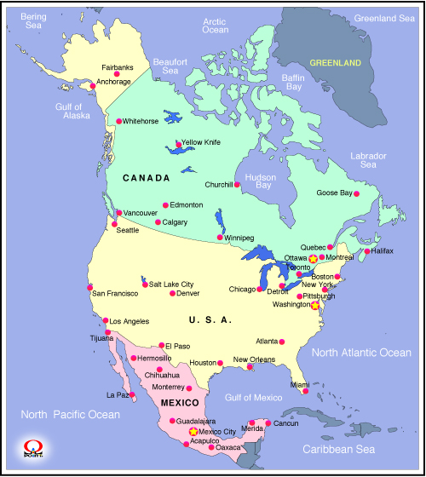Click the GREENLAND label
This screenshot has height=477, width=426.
335,63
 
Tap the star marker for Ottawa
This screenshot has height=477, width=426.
313,258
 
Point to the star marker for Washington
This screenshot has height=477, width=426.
315,304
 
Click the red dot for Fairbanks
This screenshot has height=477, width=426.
118,74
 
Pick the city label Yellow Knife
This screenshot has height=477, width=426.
200,142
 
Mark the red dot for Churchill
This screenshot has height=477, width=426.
238,185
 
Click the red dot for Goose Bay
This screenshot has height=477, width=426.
356,194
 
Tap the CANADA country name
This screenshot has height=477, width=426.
145,178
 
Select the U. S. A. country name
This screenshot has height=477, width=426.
210,319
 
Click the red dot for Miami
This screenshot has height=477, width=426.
305,391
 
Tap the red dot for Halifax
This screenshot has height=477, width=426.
366,251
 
